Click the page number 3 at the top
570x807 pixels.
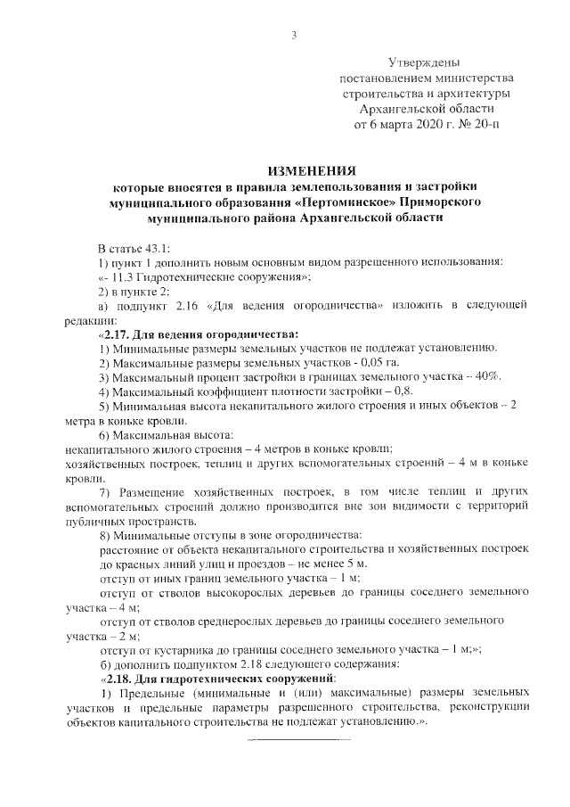tap(292, 36)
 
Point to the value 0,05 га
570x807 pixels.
tap(379, 364)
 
